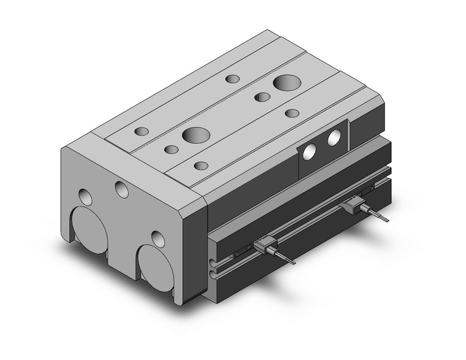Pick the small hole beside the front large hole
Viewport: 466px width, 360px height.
click(172, 149)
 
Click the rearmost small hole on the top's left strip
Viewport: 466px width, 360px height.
click(232, 79)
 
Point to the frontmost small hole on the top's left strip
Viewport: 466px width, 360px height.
click(142, 131)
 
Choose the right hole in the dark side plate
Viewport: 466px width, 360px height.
click(334, 138)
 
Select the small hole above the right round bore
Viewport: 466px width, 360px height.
click(158, 238)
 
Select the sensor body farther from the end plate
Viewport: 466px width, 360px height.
click(354, 206)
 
